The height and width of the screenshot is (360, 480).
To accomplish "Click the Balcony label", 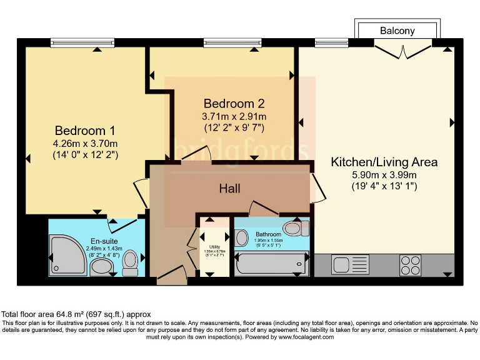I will (x=397, y=31).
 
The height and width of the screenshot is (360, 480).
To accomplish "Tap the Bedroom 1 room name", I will (x=85, y=131).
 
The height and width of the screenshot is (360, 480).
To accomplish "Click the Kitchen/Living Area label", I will (x=384, y=162).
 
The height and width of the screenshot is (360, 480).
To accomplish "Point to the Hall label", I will (x=229, y=188).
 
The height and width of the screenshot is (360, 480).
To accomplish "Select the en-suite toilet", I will (x=131, y=262).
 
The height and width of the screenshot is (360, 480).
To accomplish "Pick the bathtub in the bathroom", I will (x=272, y=264).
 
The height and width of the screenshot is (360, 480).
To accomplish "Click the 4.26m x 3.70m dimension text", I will (x=85, y=143).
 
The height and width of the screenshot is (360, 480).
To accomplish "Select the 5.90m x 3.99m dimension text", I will (x=384, y=174).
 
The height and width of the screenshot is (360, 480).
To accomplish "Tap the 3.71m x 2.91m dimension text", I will (x=234, y=116).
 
